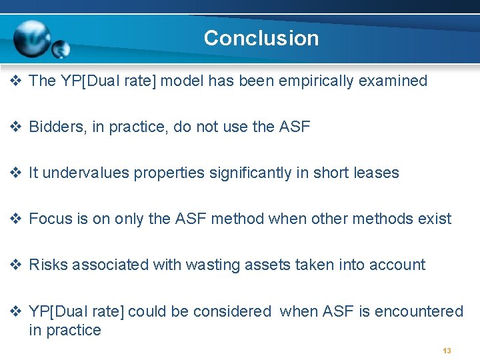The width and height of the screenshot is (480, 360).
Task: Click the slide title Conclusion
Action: click(x=261, y=38)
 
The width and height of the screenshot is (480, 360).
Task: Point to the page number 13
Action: click(x=447, y=351)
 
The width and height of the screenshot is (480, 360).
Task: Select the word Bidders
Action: click(x=56, y=127)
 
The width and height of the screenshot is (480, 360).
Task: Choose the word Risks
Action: click(x=48, y=265)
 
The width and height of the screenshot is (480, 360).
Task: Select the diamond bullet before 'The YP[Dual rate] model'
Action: click(x=17, y=81)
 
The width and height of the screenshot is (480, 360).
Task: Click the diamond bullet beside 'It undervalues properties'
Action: click(x=17, y=173)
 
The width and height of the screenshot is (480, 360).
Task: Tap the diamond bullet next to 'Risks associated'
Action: click(x=17, y=265)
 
